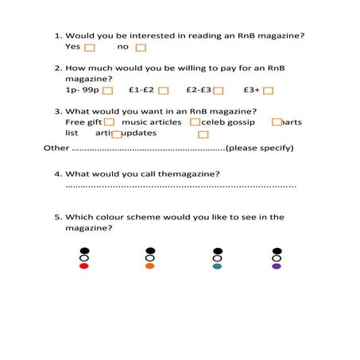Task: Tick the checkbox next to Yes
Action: pos(98,48)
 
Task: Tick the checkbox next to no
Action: pos(141,48)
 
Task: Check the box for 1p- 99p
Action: pos(107,91)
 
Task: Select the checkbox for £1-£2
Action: pos(163,91)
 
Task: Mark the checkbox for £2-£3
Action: pos(219,91)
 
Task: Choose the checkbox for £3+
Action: pos(268,91)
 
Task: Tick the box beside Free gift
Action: pos(109,122)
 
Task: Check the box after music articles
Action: pos(195,122)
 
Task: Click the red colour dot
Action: pos(84,266)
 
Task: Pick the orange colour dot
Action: pos(150,266)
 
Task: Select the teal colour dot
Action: pos(217,266)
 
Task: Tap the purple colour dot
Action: pos(277,266)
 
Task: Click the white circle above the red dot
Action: pos(84,258)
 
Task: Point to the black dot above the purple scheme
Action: pos(277,251)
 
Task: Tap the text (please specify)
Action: pos(260,149)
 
